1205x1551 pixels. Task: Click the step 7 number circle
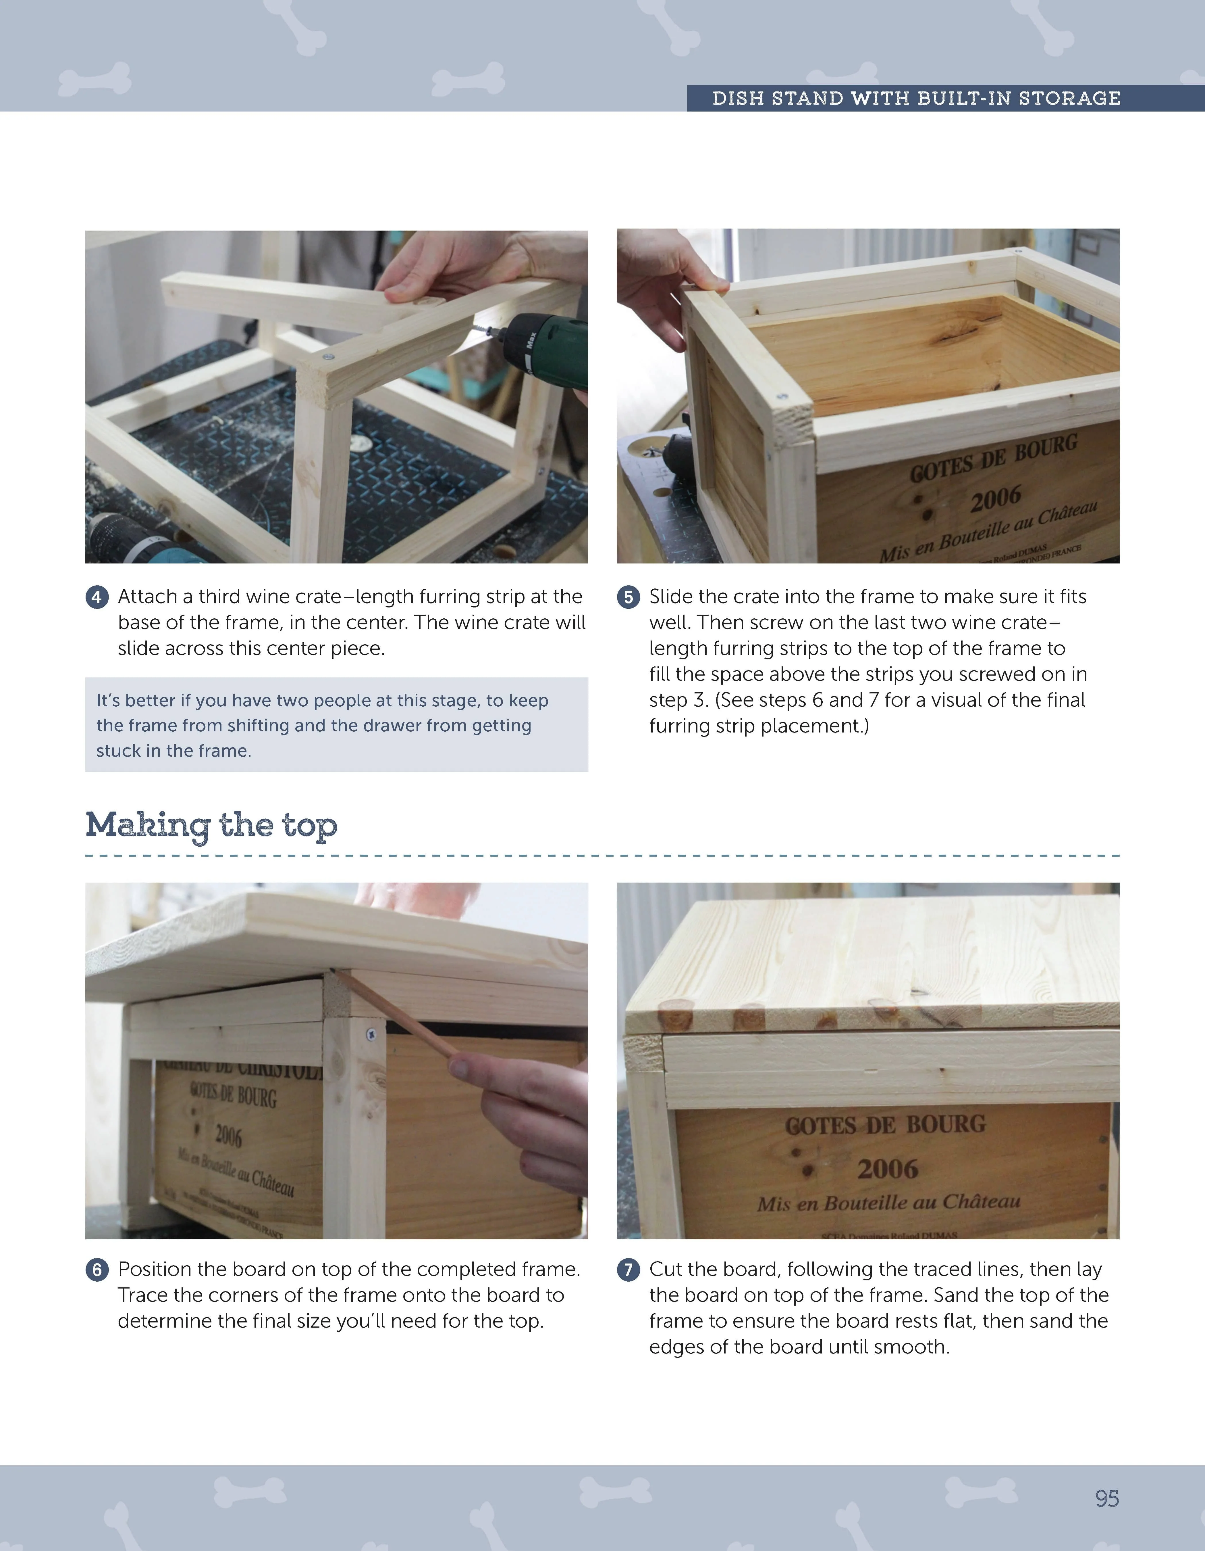click(x=628, y=1270)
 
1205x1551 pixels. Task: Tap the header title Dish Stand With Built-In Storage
click(x=916, y=98)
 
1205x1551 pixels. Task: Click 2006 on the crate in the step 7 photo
click(x=887, y=1168)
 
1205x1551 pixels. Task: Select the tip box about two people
click(x=336, y=725)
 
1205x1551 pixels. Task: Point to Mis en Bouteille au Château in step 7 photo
click(x=888, y=1202)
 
